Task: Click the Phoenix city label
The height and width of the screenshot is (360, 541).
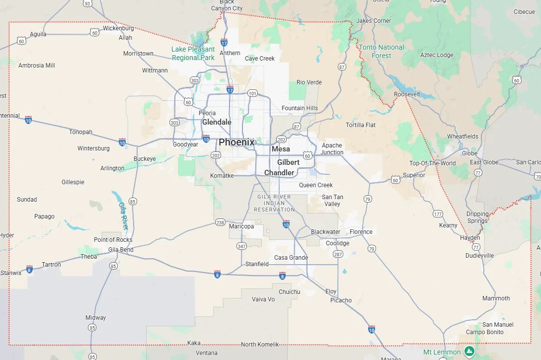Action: tap(236, 142)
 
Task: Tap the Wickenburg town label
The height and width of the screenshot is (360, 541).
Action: tap(119, 28)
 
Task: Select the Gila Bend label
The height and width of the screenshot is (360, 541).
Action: tap(121, 250)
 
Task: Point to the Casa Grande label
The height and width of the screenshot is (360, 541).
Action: tap(291, 258)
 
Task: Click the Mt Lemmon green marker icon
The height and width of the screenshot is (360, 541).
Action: tap(469, 352)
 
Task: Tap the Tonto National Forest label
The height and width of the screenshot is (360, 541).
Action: tap(382, 51)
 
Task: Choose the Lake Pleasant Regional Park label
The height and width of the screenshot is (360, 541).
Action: tap(193, 53)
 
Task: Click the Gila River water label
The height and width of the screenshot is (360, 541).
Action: tap(123, 215)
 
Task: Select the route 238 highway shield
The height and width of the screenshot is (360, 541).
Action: tap(220, 222)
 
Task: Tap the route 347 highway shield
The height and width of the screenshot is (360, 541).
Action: tap(241, 246)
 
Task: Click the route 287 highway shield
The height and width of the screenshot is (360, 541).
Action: tap(338, 254)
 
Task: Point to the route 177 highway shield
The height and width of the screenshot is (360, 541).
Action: tap(438, 214)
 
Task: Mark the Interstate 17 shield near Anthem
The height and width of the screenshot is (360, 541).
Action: tap(224, 43)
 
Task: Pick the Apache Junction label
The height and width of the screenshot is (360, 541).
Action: tap(332, 149)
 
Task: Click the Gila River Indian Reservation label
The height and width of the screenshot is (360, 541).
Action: tap(274, 203)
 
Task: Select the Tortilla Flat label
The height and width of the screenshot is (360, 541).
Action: tap(361, 125)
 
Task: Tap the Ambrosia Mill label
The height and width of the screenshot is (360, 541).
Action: tap(37, 66)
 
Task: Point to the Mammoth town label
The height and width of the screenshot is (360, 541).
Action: tap(496, 298)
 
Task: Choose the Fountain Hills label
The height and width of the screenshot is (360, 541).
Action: tap(300, 108)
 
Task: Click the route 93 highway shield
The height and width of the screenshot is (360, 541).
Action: tap(87, 3)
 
